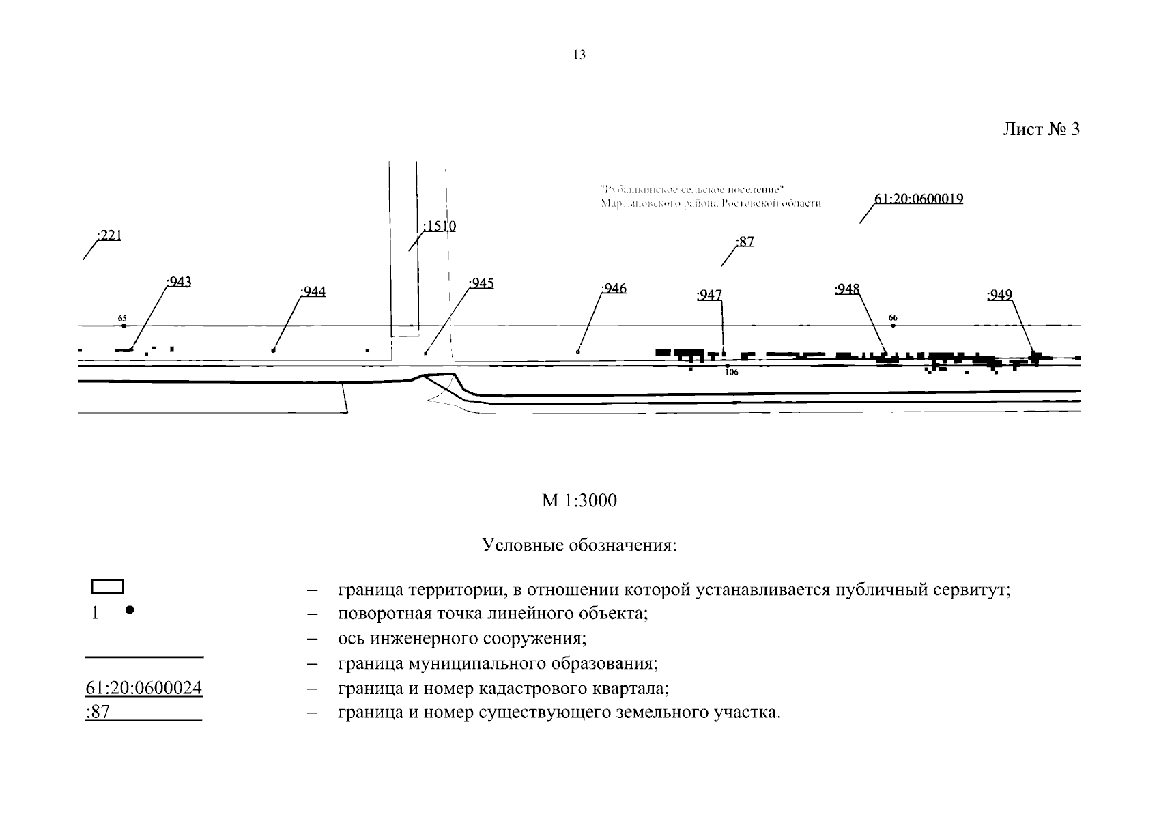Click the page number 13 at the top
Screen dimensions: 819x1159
[579, 55]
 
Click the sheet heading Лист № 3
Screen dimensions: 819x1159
[1040, 130]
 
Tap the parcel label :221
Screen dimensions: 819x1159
[109, 236]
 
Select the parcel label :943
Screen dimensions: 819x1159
[179, 281]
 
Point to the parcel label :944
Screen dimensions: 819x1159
[313, 292]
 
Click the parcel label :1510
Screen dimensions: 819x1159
[440, 226]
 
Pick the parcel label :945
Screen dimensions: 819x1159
[481, 283]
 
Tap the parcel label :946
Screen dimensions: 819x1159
[614, 289]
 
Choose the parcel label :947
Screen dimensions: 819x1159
[709, 295]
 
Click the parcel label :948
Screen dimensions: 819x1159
[847, 289]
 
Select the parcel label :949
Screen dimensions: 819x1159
[1000, 295]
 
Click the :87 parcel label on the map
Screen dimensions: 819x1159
[745, 242]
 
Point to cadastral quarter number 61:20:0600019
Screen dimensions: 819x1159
[919, 199]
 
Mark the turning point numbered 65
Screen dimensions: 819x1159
[124, 326]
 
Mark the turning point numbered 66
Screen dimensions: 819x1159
[893, 326]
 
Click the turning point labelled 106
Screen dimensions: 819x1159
[728, 366]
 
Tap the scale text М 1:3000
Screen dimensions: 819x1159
[579, 501]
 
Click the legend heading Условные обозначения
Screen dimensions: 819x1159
[579, 546]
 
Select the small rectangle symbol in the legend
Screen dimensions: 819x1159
[108, 586]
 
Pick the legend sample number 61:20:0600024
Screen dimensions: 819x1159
[144, 688]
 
